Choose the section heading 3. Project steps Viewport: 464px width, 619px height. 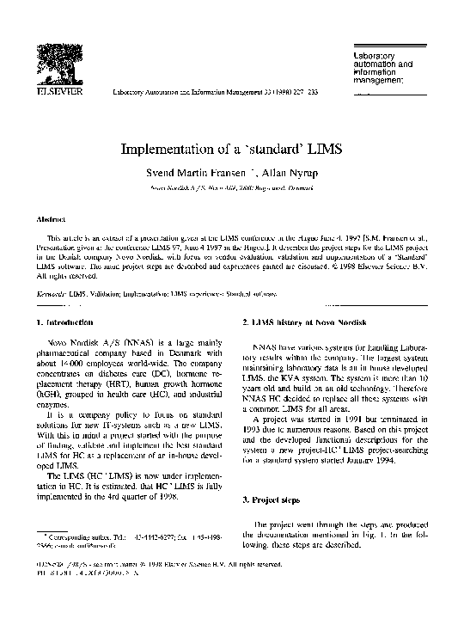[274, 499]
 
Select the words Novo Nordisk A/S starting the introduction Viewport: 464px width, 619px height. [89, 342]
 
